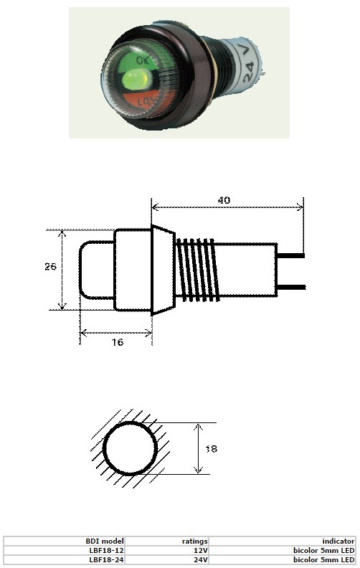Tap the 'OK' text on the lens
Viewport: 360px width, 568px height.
click(x=143, y=62)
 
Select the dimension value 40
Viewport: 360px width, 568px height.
click(x=224, y=201)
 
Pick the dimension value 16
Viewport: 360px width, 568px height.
click(x=118, y=343)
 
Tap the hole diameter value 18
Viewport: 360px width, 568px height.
click(x=211, y=449)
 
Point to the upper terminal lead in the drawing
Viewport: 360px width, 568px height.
click(x=290, y=255)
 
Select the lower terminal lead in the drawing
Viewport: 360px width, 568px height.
click(x=290, y=287)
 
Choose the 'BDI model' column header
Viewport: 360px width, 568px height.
click(x=105, y=541)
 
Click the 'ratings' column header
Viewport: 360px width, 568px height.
click(x=194, y=541)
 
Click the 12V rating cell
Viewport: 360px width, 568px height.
click(x=200, y=550)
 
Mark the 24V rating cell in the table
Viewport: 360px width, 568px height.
click(x=200, y=559)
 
